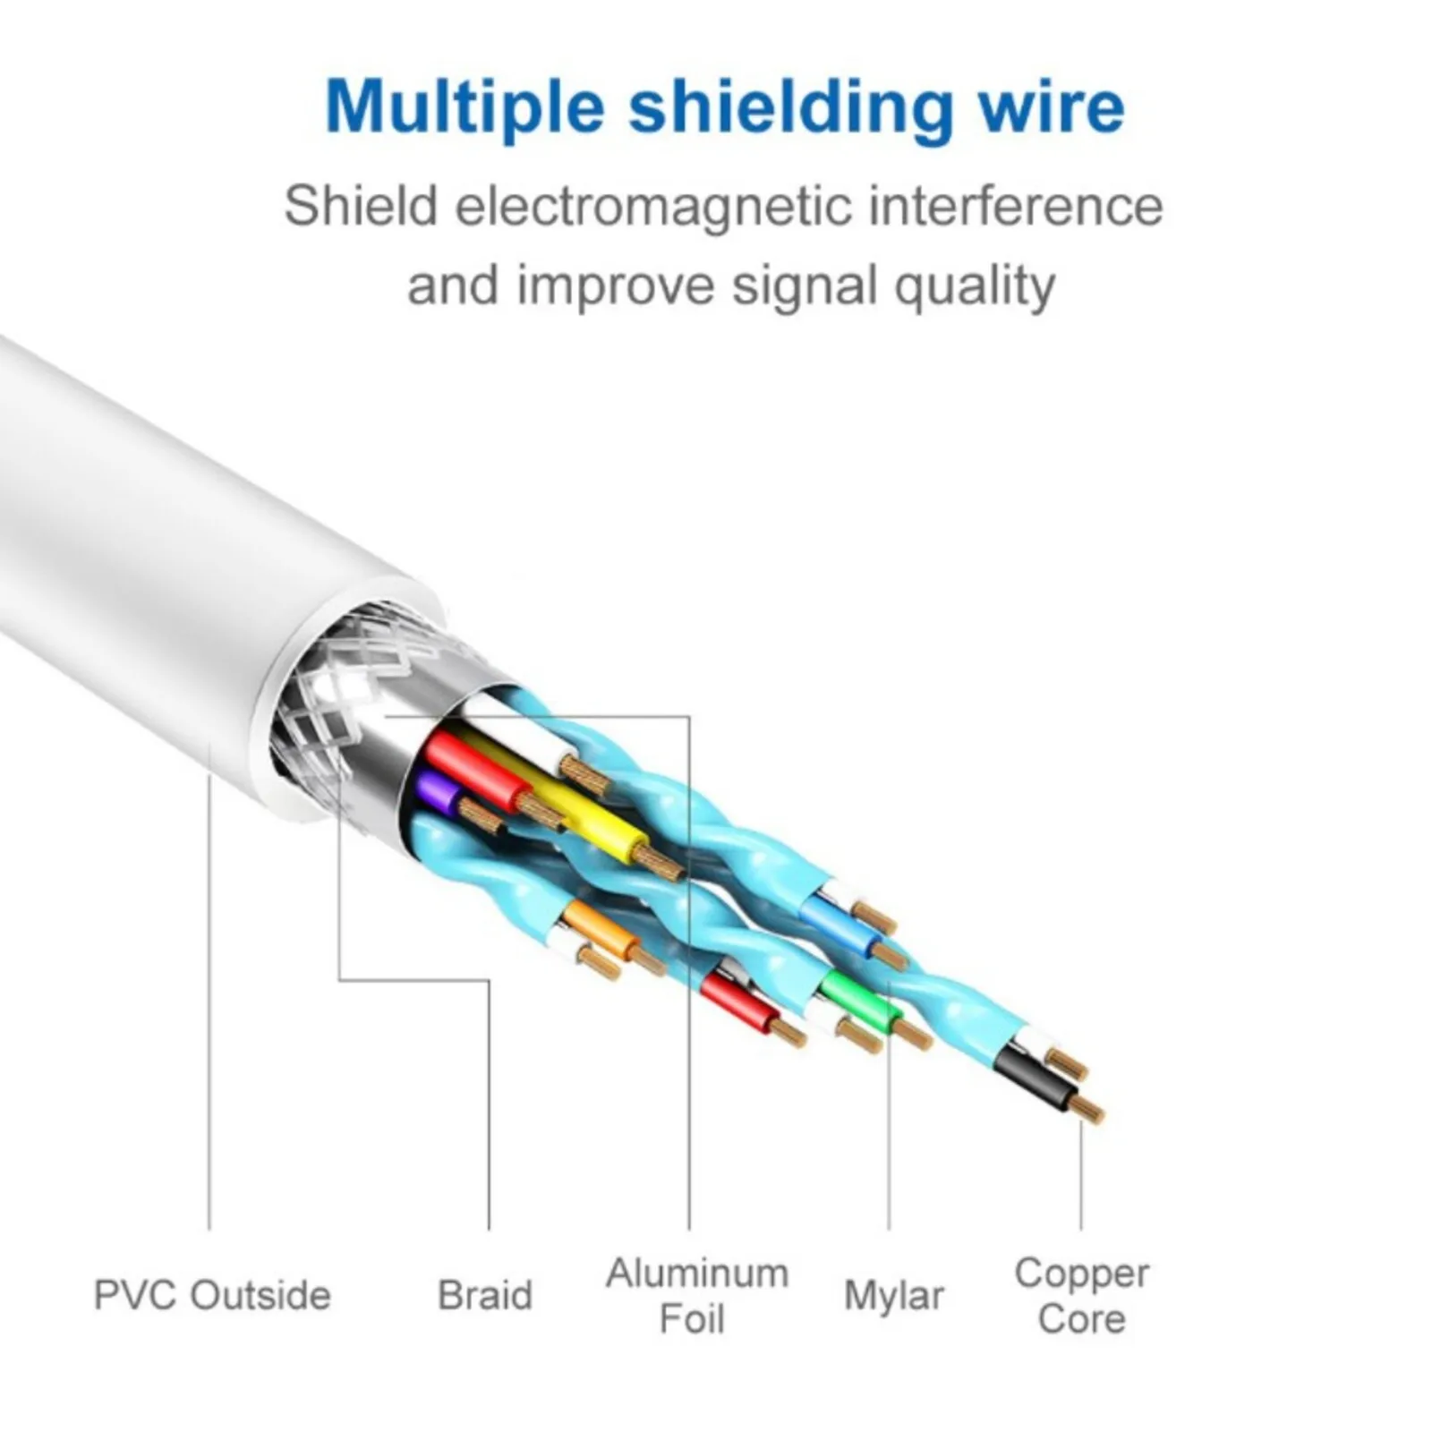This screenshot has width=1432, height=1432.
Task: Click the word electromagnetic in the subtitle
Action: [653, 208]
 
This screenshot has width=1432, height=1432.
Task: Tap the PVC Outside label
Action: [212, 1295]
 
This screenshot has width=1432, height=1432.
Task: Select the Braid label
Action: [485, 1295]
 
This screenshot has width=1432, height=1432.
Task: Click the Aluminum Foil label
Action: [696, 1295]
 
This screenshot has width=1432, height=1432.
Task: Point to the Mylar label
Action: [893, 1295]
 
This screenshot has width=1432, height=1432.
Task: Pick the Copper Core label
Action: [1081, 1295]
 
